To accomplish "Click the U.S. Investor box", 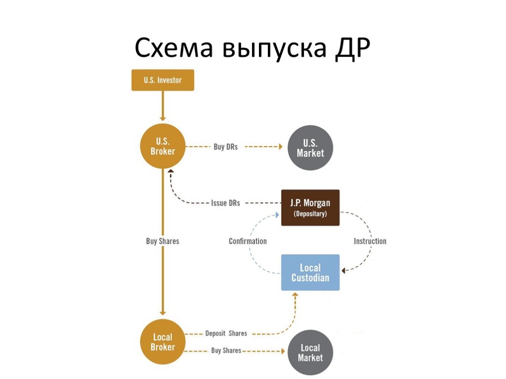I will [163, 80].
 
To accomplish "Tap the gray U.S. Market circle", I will [310, 148].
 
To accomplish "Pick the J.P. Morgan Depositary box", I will [310, 208].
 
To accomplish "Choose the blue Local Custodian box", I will [310, 272].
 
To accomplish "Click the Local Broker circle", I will [163, 342].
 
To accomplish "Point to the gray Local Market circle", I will [310, 352].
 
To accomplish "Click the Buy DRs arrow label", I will [226, 147].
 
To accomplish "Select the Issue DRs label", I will [225, 203].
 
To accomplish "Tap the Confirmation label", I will [248, 241].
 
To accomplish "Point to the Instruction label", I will [370, 241].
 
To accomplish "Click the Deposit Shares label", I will [226, 334].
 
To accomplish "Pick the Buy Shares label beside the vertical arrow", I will [163, 241].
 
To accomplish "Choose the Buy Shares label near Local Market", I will [226, 350].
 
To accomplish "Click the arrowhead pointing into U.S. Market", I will [280, 147].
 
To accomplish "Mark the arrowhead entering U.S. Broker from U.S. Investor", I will [163, 118].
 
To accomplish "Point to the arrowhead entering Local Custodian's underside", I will [295, 295].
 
